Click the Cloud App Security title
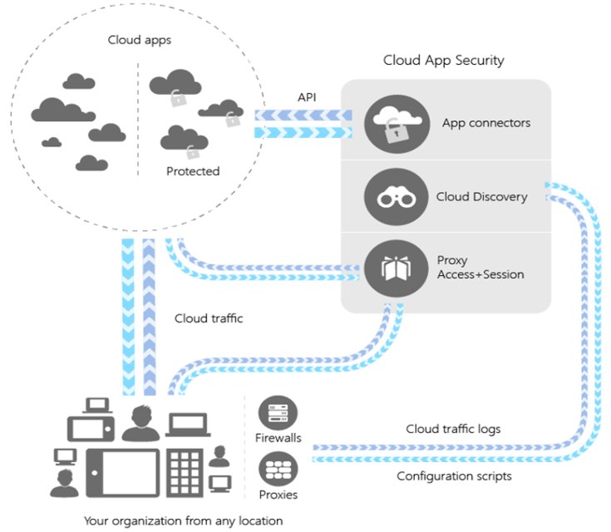click(x=443, y=61)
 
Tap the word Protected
click(x=193, y=171)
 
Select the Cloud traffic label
click(x=209, y=318)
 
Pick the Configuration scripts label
click(x=454, y=476)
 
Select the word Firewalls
click(x=278, y=437)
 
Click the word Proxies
click(x=278, y=495)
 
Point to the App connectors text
click(x=486, y=124)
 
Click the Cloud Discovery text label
click(x=481, y=197)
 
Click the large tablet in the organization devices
click(x=122, y=473)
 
